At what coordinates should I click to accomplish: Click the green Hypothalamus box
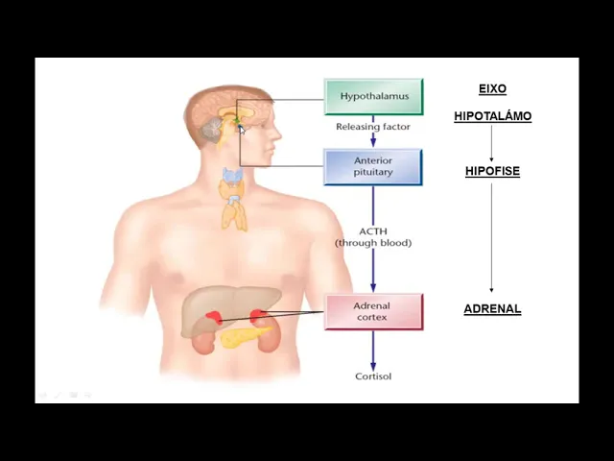[373, 96]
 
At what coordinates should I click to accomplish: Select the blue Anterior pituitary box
[373, 166]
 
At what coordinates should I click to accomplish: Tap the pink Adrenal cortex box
[373, 311]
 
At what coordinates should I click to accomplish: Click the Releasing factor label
[373, 127]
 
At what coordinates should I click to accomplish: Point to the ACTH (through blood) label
[373, 237]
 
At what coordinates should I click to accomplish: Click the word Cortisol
[373, 376]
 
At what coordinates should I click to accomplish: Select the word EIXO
[492, 89]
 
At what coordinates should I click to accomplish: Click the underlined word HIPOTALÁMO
[492, 116]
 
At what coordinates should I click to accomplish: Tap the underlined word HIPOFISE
[492, 171]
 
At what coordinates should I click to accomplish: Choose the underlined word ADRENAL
[492, 309]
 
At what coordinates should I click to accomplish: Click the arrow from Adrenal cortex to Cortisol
[373, 350]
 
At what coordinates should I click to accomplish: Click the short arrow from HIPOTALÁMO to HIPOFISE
[492, 143]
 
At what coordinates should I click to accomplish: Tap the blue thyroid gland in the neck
[232, 178]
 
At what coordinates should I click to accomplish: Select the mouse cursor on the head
[243, 130]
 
